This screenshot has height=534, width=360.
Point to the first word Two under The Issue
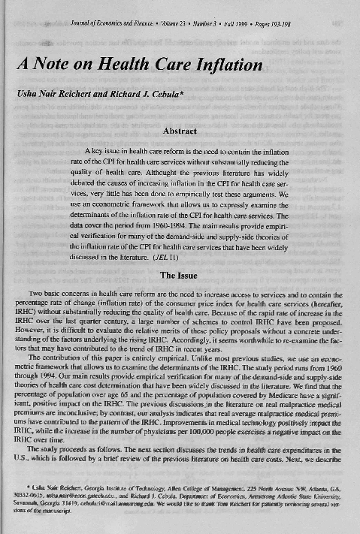point(35,292)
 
